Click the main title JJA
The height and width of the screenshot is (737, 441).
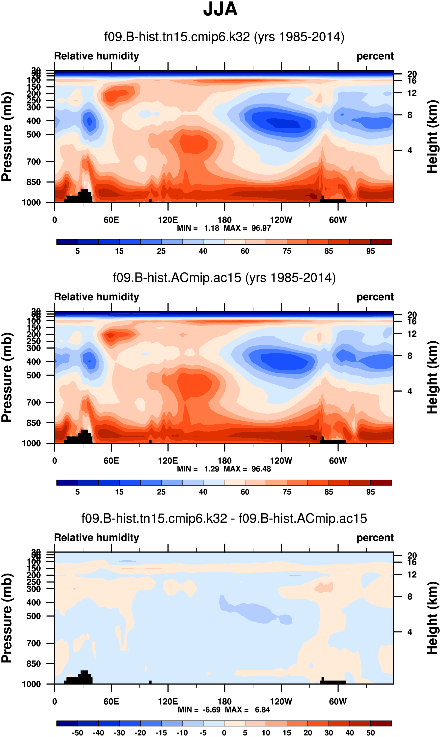coord(220,9)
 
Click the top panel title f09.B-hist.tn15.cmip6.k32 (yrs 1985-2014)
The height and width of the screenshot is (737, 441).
coord(224,37)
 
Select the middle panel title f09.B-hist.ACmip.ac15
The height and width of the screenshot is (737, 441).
coord(224,278)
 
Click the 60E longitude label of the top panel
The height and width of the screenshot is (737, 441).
coord(111,220)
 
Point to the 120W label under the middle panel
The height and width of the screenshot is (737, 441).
coord(281,461)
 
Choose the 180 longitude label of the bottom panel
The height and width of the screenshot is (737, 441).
coord(224,701)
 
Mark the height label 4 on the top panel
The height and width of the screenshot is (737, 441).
coord(410,150)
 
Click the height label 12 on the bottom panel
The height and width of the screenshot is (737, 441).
coord(412,574)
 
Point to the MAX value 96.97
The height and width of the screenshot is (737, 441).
coord(261,228)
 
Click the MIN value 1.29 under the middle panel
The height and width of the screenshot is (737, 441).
coord(212,469)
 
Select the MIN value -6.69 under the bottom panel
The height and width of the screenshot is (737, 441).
coord(212,710)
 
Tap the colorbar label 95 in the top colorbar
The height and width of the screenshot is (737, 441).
coord(370,251)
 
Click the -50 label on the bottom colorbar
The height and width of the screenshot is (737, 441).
coord(78,733)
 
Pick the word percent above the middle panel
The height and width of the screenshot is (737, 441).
coord(375,297)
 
